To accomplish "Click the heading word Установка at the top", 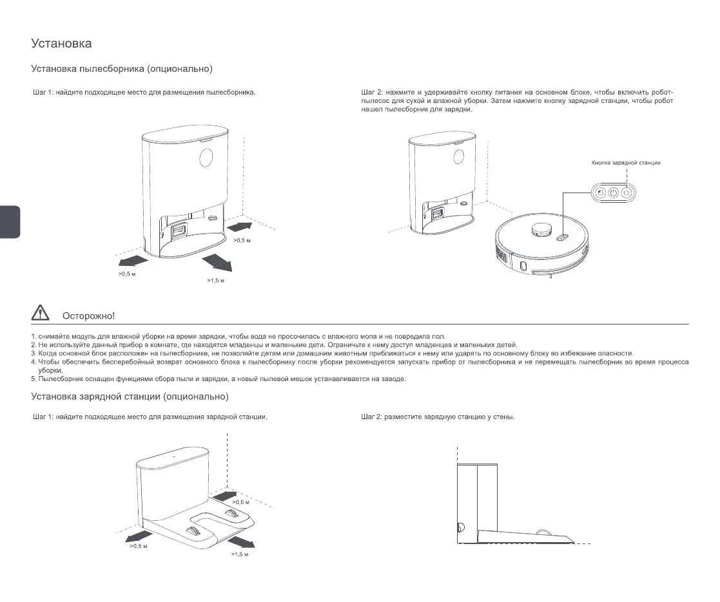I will click(61, 44).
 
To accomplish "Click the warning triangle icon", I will click(39, 314).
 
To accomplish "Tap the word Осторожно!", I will click(88, 315).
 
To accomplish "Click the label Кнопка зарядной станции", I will click(625, 163).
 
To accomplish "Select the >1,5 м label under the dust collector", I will click(215, 281).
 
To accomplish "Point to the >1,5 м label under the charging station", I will click(240, 554).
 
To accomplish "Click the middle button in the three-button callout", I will click(613, 193).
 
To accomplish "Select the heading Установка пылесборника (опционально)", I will click(122, 68).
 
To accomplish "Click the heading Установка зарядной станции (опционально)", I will click(130, 396).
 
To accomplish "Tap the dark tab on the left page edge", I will click(10, 222).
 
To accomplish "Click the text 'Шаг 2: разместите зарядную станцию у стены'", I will click(438, 417).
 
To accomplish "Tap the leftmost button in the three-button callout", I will click(600, 193).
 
